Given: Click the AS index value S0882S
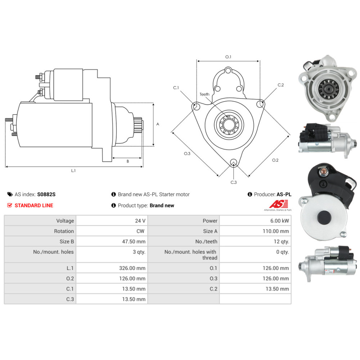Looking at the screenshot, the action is (46, 194).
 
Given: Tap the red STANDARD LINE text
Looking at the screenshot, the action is (34, 206).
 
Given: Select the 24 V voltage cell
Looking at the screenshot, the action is (140, 221).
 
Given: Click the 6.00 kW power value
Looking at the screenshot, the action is (279, 221).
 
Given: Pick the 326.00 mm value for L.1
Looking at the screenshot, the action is (132, 268).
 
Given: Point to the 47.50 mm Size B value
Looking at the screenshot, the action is (134, 242).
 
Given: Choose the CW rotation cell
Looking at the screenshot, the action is (140, 231).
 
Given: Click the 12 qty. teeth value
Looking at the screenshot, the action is (281, 242).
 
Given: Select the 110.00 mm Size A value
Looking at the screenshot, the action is (276, 231).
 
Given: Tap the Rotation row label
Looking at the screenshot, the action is (64, 231).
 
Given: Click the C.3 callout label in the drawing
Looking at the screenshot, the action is (234, 182).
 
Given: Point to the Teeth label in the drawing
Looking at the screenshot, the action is (204, 94).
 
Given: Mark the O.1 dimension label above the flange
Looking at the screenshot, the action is (228, 57).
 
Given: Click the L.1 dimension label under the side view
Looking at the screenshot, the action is (73, 171).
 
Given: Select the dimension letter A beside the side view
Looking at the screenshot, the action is (158, 124).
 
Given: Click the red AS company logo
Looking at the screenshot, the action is (279, 204).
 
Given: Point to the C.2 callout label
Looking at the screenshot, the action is (281, 85).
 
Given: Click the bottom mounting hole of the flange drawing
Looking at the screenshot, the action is (234, 162).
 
